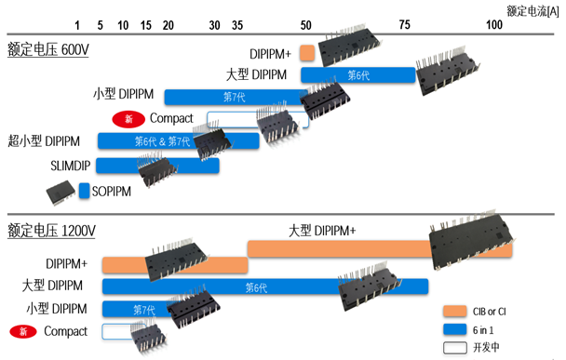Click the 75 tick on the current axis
click(405, 25)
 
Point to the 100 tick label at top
click(495, 25)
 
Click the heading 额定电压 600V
click(47, 49)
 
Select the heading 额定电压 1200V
click(51, 229)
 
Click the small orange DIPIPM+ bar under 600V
click(306, 54)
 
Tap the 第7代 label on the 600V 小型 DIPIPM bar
click(235, 97)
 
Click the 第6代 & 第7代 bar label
click(162, 141)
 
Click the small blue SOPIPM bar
click(84, 191)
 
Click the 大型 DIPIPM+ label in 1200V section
click(322, 231)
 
